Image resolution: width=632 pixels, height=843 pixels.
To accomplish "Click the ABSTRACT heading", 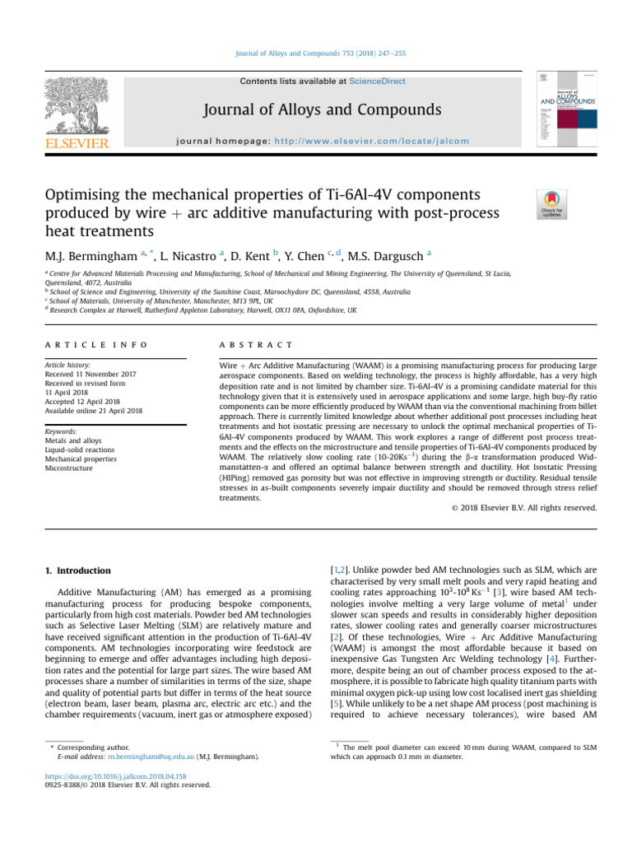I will (x=240, y=345).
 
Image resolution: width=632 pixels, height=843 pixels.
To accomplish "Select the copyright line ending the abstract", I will (x=524, y=508).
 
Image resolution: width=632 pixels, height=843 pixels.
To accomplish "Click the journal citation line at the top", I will (x=316, y=54).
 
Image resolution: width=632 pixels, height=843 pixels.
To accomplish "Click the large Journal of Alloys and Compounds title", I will (x=316, y=110).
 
